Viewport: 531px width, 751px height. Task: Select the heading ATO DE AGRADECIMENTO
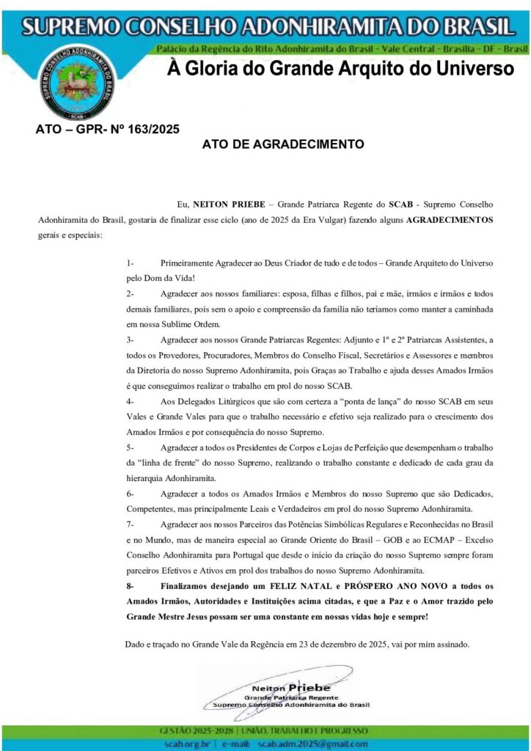tap(282, 144)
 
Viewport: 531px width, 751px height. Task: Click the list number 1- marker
tap(130, 262)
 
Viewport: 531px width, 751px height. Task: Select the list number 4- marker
tap(130, 401)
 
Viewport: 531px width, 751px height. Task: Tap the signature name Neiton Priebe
tap(291, 688)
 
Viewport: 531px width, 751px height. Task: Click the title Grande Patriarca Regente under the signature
tap(291, 697)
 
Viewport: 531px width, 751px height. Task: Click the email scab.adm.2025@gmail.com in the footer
tap(312, 744)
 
